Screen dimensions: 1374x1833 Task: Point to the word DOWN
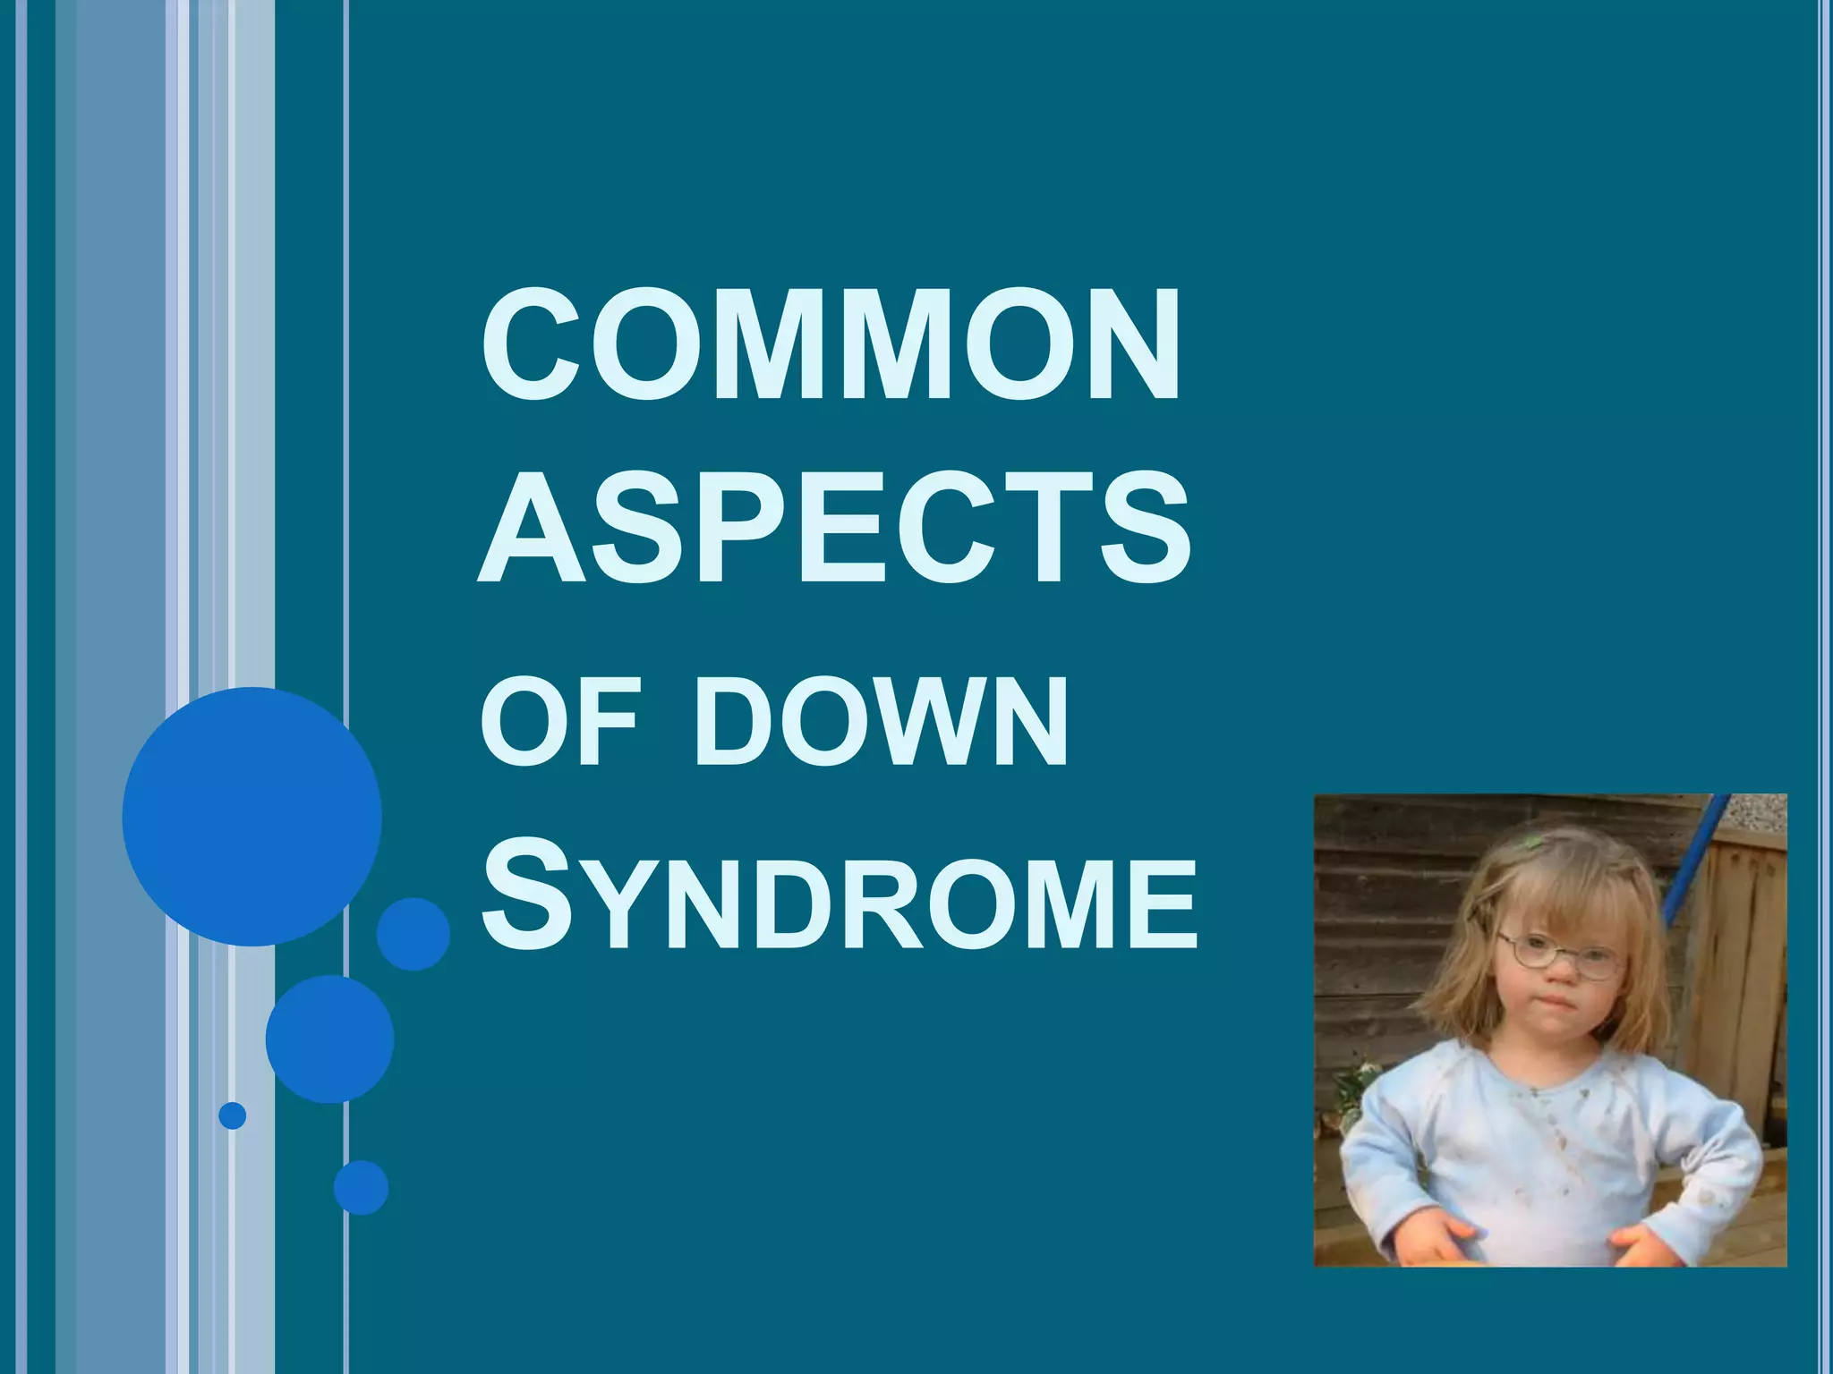(882, 723)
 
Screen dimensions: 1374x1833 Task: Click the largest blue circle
(252, 816)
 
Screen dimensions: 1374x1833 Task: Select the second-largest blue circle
(329, 1039)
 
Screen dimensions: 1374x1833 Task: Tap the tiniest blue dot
(233, 1115)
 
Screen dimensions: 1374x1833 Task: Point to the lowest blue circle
(361, 1187)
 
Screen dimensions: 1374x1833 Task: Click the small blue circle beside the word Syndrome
(413, 934)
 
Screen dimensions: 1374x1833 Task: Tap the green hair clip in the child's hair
(1532, 842)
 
